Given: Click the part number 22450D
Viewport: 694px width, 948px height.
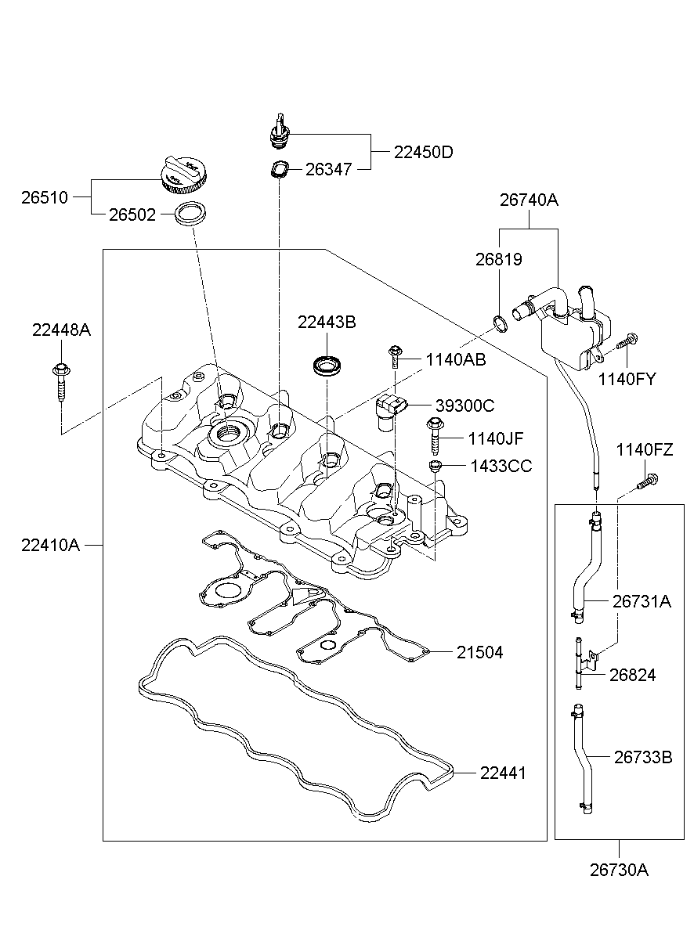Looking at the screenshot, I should coord(423,152).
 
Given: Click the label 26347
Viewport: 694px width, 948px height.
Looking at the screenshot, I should coord(329,168).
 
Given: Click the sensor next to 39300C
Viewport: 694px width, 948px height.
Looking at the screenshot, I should coord(390,408).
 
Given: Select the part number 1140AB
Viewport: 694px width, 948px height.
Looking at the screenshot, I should coord(456,359).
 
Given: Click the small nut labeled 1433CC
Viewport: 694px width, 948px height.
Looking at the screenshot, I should coord(434,467).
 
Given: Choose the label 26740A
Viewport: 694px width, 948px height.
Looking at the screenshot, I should coord(529,200).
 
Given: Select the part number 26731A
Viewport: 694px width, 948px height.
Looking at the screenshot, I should coord(642,601).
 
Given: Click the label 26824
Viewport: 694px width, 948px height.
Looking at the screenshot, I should coord(634,675).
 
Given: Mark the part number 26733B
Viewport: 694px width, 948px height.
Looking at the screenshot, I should coord(642,757).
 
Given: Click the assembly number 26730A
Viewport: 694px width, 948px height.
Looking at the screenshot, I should coord(619,869).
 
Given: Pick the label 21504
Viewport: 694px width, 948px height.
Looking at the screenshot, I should coord(480,652).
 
